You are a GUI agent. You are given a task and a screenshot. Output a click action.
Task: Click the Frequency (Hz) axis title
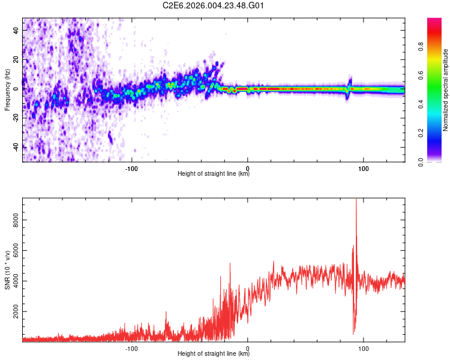coord(7,89)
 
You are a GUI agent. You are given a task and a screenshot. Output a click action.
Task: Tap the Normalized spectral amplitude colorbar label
coord(445,90)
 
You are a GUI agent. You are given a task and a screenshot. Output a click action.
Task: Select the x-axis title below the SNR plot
coord(214,354)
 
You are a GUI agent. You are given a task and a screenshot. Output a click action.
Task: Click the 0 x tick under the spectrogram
coord(248,169)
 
